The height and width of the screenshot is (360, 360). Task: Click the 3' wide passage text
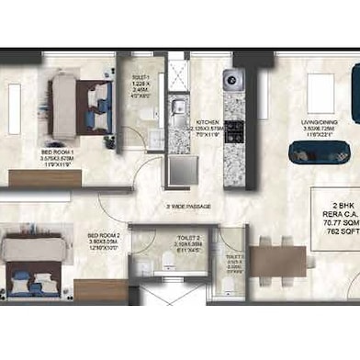[x=188, y=206]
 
